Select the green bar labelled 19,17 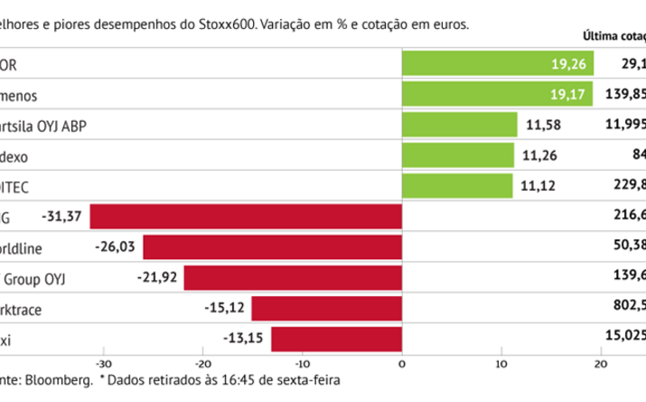[496, 95]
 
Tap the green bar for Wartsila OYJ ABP [459, 126]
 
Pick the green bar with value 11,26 [457, 156]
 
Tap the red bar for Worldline [272, 248]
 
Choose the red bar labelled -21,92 [293, 278]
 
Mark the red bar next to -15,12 [326, 309]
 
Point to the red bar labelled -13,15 [336, 340]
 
